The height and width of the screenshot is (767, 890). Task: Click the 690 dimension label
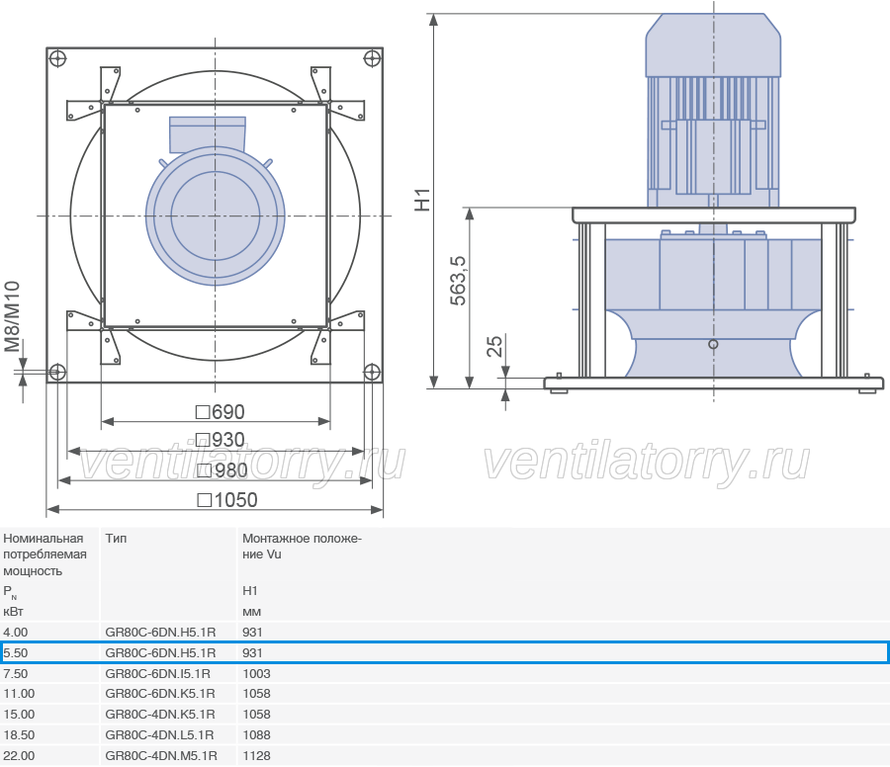point(221,412)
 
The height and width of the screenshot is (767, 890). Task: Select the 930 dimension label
point(221,440)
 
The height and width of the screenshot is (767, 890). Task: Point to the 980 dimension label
point(222,470)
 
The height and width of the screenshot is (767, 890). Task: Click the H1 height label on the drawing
point(423,201)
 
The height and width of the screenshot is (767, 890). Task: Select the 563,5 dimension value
point(458,281)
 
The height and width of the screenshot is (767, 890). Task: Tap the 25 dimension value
point(495,346)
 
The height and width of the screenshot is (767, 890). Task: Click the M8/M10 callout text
point(13,316)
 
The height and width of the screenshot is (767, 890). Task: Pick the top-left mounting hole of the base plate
point(58,58)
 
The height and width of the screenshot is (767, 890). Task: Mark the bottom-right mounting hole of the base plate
point(372,373)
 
